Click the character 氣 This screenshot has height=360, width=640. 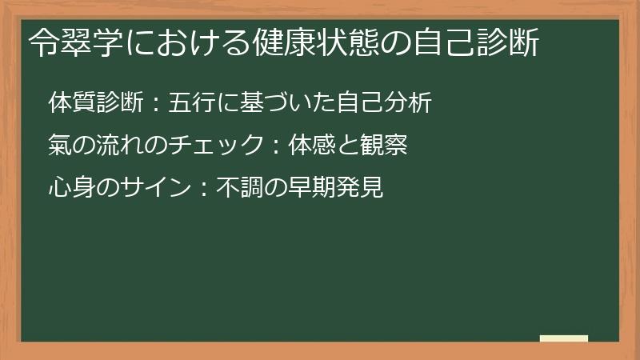pos(60,145)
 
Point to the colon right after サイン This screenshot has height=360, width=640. pos(205,188)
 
